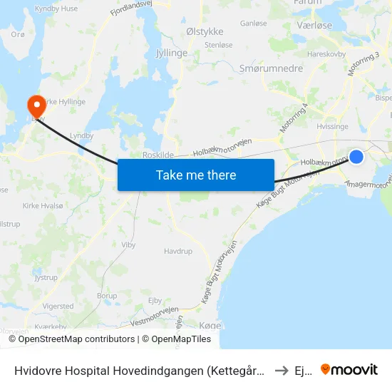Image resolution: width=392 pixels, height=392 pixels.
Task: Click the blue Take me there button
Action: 196,175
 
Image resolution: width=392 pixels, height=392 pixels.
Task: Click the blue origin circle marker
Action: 356,157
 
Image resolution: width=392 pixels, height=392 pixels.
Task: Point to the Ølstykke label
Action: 204,31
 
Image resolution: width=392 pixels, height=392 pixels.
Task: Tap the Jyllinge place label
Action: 171,53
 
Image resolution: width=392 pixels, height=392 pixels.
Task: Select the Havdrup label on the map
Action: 178,251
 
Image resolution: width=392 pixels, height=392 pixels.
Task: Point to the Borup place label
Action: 107,296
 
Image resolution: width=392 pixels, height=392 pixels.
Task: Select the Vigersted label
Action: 58,306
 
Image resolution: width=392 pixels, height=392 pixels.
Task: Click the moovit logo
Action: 349,369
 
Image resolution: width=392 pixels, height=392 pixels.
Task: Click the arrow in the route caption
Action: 281,370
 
